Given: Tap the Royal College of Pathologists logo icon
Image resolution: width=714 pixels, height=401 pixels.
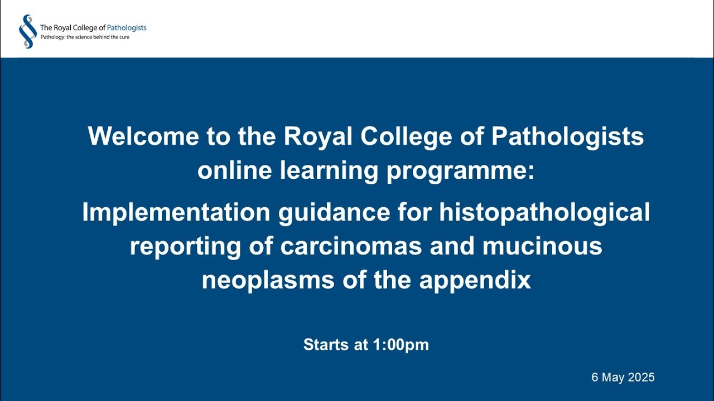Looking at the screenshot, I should (27, 31).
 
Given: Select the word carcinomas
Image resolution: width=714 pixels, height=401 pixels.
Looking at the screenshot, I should (351, 246).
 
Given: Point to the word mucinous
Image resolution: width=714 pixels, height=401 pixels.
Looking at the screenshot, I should (542, 246).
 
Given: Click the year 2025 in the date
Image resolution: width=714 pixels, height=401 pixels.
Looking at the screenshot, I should (641, 377).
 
